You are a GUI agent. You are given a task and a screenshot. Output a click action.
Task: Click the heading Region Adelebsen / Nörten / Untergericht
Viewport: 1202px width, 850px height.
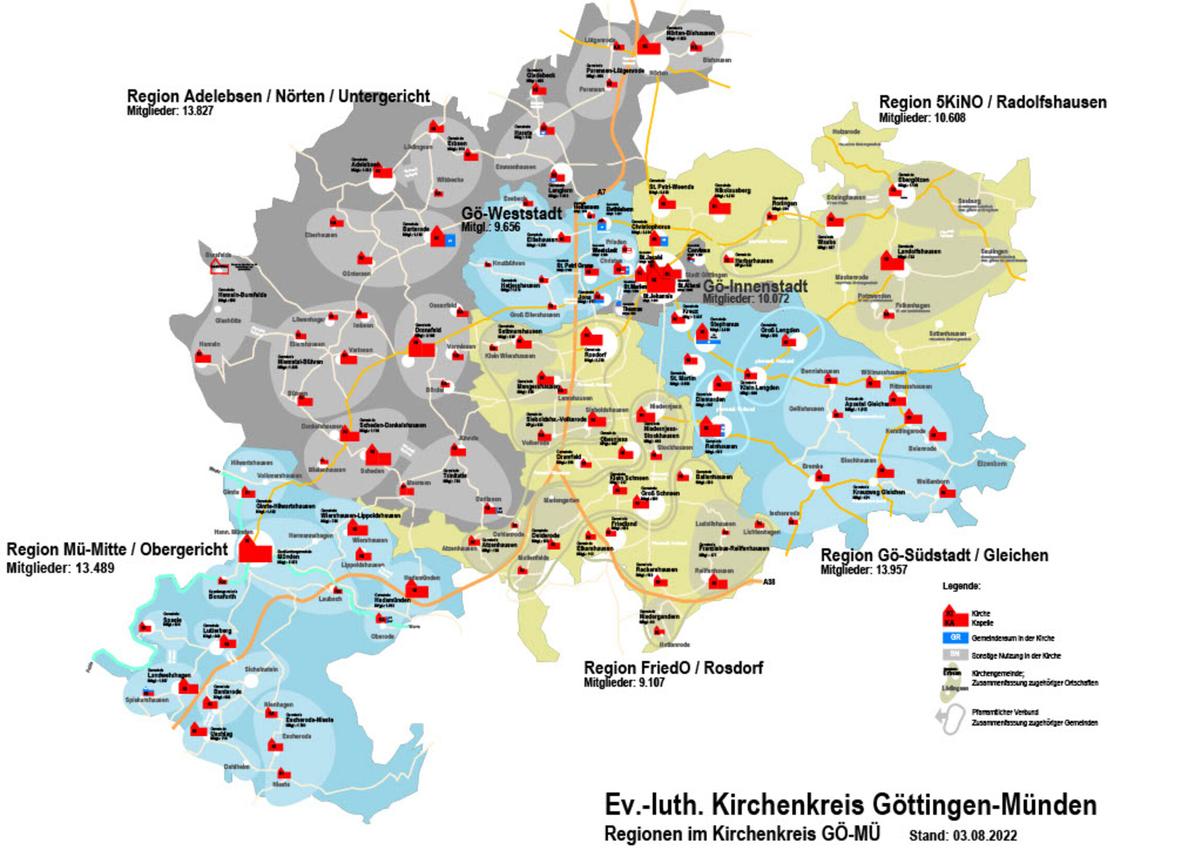(x=278, y=96)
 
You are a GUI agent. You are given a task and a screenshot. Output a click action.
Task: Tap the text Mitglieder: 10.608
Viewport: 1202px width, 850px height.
(x=922, y=118)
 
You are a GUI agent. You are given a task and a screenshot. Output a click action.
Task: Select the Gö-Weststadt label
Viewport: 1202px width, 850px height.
(x=512, y=213)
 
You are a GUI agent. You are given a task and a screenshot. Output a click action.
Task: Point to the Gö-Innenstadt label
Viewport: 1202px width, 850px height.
(x=755, y=286)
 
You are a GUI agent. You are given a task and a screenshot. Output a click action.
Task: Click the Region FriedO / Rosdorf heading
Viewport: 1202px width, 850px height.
(x=673, y=668)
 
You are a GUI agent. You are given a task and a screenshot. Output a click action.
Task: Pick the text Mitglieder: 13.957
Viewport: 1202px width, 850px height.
(x=864, y=570)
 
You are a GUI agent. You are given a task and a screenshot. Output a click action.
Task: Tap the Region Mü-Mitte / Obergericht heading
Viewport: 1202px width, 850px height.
(x=117, y=549)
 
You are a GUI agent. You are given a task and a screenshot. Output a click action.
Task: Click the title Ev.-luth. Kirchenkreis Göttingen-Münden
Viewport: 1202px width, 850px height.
(x=850, y=805)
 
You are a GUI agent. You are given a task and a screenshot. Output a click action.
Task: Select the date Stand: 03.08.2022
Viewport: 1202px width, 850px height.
(x=963, y=835)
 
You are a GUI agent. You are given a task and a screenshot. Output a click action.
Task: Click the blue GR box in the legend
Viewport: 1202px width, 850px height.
(x=955, y=638)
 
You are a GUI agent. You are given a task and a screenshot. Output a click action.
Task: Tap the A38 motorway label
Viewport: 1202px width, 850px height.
(x=769, y=582)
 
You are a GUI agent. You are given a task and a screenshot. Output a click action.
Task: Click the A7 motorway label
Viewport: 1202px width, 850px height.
(x=602, y=192)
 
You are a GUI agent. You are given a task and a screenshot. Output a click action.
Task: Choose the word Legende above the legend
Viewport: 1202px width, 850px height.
(x=961, y=586)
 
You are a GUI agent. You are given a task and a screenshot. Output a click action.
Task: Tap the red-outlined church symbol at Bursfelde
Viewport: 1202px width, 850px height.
(x=219, y=267)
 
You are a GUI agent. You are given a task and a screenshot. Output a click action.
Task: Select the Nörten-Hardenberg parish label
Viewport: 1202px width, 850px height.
(x=690, y=32)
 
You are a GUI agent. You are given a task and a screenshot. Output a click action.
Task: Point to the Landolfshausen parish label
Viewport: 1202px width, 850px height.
(x=919, y=251)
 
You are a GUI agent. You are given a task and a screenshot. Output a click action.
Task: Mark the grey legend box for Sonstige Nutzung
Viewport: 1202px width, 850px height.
(x=955, y=654)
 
